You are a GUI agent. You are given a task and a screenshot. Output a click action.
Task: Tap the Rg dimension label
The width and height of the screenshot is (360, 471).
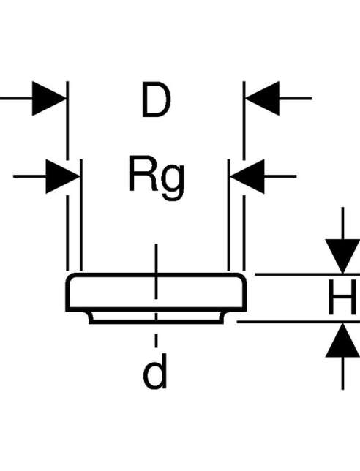157,177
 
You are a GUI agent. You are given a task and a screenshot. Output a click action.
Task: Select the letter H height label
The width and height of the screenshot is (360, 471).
342,298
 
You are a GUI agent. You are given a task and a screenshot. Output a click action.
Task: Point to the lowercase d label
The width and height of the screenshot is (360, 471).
155,372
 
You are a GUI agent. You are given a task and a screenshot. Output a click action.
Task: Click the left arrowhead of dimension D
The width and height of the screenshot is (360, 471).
49,98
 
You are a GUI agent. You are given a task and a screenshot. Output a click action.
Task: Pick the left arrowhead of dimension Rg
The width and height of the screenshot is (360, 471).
63,176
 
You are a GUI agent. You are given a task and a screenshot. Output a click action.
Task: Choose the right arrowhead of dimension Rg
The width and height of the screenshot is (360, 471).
247,176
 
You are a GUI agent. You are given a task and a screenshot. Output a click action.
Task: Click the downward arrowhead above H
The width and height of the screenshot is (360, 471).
342,256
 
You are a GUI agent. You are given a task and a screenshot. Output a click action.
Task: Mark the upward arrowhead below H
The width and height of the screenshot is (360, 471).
342,340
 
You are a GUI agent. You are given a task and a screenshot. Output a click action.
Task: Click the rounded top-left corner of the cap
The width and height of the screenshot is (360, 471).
70,278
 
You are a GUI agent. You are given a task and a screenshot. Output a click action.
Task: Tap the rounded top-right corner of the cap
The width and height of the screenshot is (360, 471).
241,278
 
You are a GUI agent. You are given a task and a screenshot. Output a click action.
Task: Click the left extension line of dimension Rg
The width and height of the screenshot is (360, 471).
81,215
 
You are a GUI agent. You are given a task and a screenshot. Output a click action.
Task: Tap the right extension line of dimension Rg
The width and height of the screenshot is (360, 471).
229,215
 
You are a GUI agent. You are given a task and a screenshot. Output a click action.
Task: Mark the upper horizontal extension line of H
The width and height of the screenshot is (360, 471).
307,274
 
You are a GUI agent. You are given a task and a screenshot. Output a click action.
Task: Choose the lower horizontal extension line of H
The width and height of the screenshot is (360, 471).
298,322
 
